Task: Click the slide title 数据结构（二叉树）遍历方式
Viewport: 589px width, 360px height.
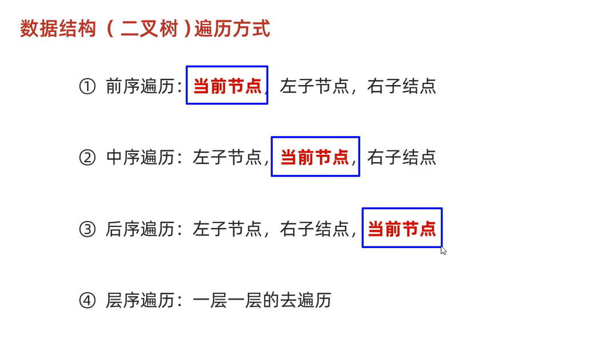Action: coord(145,29)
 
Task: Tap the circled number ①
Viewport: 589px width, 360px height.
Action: coord(86,86)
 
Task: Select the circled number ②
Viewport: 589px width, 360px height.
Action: coord(86,157)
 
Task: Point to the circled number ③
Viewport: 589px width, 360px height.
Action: coord(86,229)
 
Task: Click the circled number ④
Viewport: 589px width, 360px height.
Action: coord(86,301)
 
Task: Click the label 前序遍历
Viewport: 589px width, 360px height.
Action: coord(140,86)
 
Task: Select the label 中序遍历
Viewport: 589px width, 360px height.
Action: coord(140,157)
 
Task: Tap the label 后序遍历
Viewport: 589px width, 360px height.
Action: coord(140,229)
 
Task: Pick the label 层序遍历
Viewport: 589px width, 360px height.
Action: coord(140,301)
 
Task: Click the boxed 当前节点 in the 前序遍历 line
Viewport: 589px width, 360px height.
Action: coord(227,86)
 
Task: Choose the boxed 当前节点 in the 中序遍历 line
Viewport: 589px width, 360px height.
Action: coord(315,157)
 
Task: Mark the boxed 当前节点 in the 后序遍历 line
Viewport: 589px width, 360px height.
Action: coord(402,229)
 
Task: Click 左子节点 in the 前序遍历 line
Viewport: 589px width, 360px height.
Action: coord(315,86)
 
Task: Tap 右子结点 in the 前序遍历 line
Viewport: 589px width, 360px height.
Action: coord(402,86)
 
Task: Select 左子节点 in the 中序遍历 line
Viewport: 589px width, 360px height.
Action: coord(228,157)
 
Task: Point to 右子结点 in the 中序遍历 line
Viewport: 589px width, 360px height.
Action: coord(402,157)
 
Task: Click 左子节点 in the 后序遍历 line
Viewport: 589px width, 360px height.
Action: coord(228,229)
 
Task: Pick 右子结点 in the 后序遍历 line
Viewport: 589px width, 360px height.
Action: coord(315,229)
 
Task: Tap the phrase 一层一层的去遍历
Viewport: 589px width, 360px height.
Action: coord(262,301)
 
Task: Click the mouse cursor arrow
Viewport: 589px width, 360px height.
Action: coord(443,250)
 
